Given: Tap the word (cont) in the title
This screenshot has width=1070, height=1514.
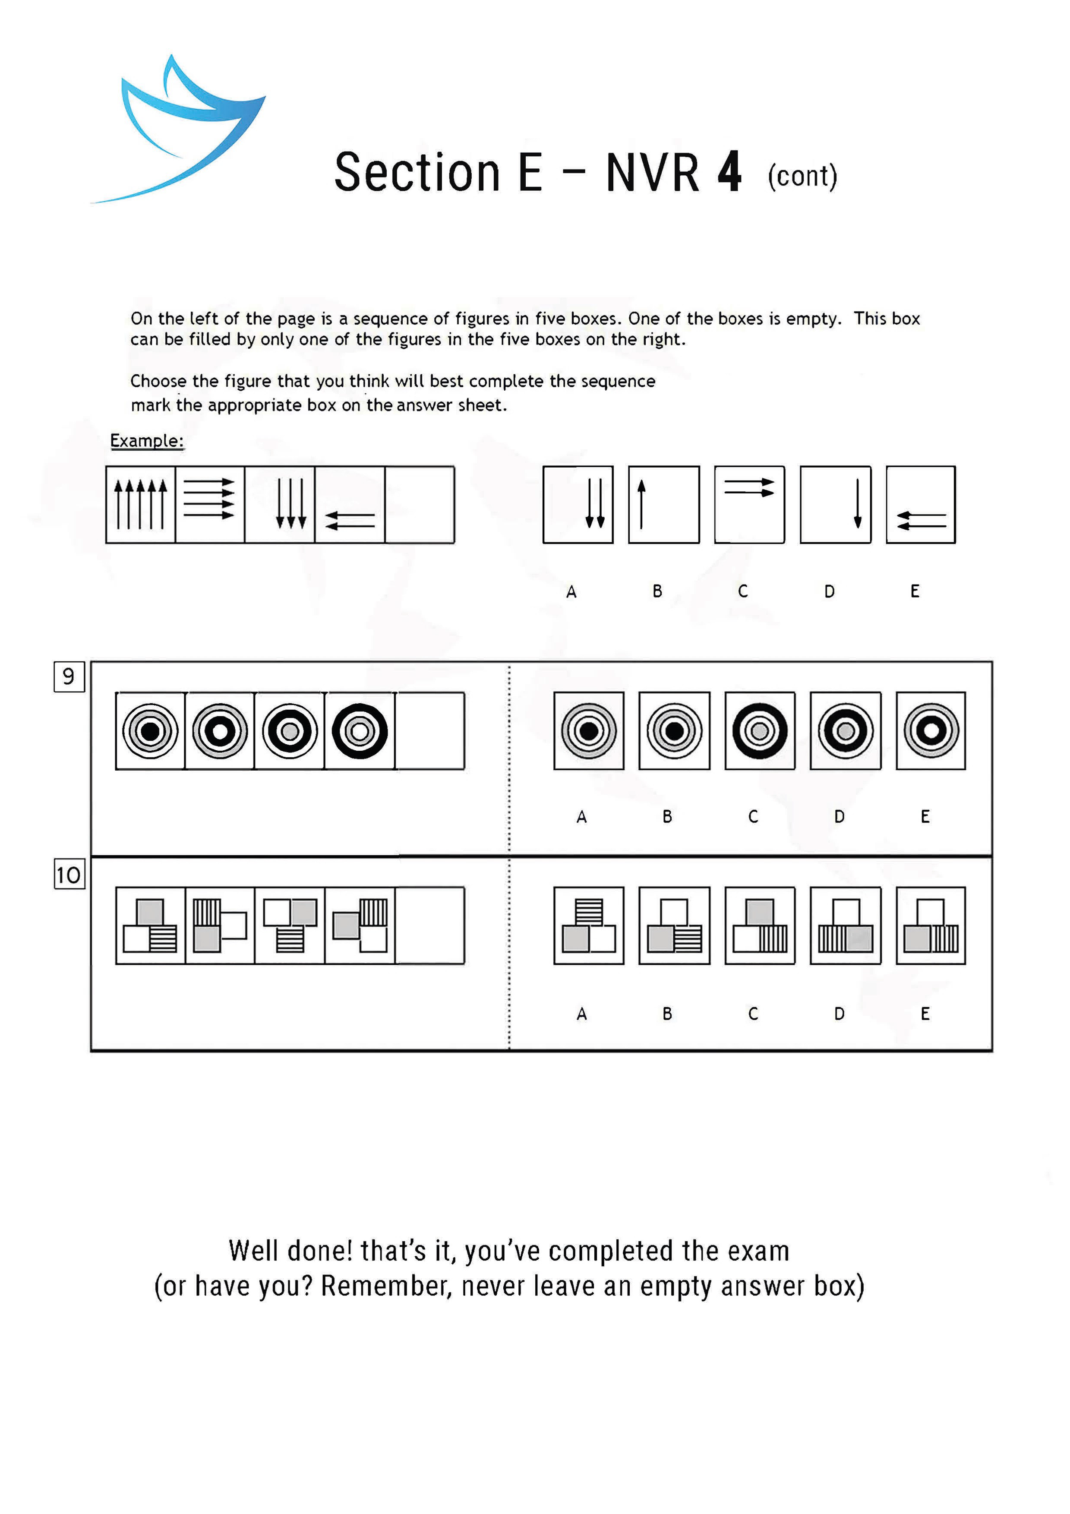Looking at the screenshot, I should [802, 176].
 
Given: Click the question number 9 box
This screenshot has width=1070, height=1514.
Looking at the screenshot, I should [69, 676].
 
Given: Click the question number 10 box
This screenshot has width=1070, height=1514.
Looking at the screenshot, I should [69, 875].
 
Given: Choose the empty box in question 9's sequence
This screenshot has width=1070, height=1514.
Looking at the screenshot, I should [430, 730].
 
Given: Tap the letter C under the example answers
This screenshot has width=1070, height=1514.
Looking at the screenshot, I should [743, 591].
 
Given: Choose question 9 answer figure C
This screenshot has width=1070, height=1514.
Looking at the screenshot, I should [760, 730].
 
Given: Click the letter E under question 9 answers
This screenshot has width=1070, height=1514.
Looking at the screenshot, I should [925, 817].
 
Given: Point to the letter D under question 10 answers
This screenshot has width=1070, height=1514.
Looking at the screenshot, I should [839, 1014].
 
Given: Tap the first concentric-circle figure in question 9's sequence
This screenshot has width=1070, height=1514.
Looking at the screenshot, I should [150, 730].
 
